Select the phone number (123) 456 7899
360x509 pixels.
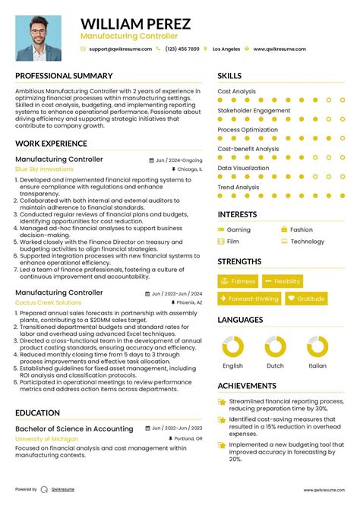coord(182,49)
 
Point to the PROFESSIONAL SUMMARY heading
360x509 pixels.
coord(64,76)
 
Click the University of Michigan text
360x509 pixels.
coord(47,439)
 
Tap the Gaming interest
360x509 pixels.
coord(238,229)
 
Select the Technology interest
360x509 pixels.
coord(307,242)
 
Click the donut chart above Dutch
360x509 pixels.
coord(275,347)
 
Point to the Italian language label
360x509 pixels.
coord(317,365)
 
